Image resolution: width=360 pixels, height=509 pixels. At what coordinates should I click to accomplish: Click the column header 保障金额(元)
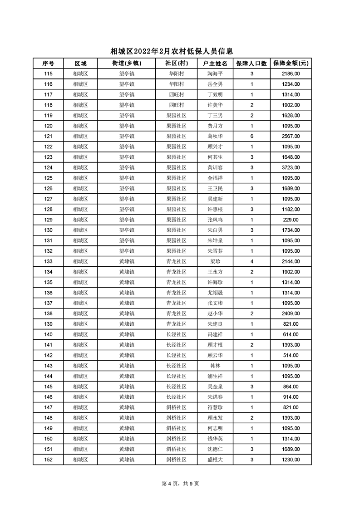point(291,63)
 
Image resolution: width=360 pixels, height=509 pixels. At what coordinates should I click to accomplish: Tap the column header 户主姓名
point(215,63)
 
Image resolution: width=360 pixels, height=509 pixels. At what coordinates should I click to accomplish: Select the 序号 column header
point(48,63)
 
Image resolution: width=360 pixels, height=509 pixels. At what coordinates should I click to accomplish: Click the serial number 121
point(48,136)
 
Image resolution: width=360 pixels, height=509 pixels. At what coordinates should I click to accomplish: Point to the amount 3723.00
point(291,167)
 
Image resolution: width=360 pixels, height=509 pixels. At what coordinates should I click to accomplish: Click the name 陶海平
point(215,73)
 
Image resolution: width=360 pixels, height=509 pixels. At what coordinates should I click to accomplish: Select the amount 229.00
point(291,220)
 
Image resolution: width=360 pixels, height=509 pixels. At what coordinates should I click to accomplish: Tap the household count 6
point(252,136)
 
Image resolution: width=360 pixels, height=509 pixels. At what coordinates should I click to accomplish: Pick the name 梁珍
point(215,261)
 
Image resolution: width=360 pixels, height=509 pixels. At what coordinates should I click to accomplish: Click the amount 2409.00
point(291,313)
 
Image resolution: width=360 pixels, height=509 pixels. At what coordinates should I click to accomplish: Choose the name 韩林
point(215,366)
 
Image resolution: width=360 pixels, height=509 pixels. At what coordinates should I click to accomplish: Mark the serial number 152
point(48,460)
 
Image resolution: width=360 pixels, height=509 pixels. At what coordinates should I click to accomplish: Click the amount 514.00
point(291,355)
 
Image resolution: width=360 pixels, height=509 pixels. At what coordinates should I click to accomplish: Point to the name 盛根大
point(215,460)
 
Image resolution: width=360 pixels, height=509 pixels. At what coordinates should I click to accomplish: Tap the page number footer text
point(180,484)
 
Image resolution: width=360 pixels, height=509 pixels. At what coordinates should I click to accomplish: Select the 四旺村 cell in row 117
point(176,94)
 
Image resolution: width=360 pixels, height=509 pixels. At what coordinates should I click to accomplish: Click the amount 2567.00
point(291,136)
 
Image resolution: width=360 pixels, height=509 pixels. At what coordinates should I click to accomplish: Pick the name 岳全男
point(215,84)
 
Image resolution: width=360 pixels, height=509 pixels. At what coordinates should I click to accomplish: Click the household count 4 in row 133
point(252,261)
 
